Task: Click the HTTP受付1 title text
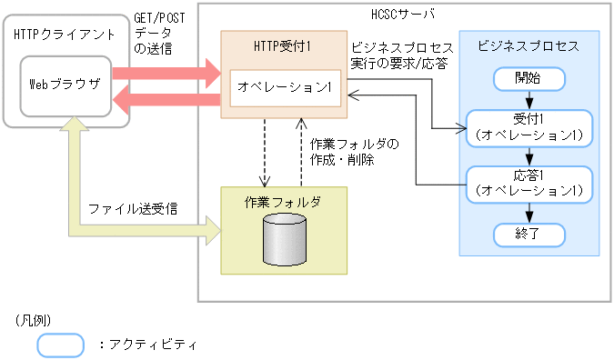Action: click(x=284, y=45)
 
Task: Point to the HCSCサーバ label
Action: click(x=404, y=15)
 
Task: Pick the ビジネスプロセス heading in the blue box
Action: click(x=528, y=46)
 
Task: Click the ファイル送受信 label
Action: click(x=133, y=209)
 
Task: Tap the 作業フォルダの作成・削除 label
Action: click(x=354, y=151)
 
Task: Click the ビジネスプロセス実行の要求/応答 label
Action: click(x=401, y=56)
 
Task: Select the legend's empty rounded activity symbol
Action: click(x=60, y=345)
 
